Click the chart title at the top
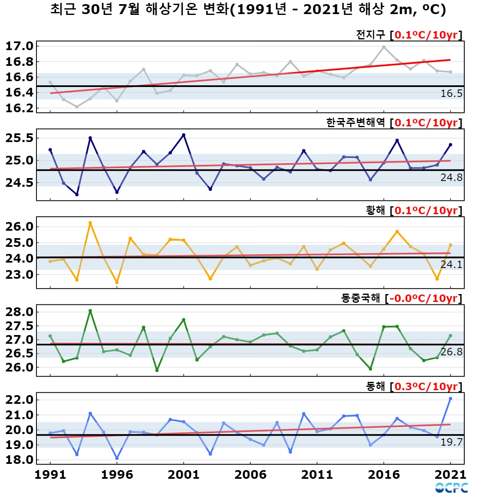(x=248, y=10)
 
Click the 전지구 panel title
(x=370, y=35)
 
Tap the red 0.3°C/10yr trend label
(x=426, y=386)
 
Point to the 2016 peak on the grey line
(x=384, y=47)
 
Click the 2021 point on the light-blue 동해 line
(x=451, y=398)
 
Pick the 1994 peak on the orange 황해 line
(x=90, y=222)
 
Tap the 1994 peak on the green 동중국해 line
(x=90, y=311)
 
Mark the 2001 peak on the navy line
(x=183, y=135)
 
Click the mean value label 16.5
(x=451, y=93)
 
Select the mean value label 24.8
(x=451, y=177)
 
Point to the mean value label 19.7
(x=451, y=442)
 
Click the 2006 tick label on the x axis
(x=251, y=475)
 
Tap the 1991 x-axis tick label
(x=50, y=475)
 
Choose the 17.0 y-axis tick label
(x=19, y=46)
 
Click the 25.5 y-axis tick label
(x=19, y=138)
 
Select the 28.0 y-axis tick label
(x=19, y=312)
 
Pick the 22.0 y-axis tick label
(x=19, y=400)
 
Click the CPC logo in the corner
(x=451, y=487)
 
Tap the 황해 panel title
(x=375, y=210)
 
